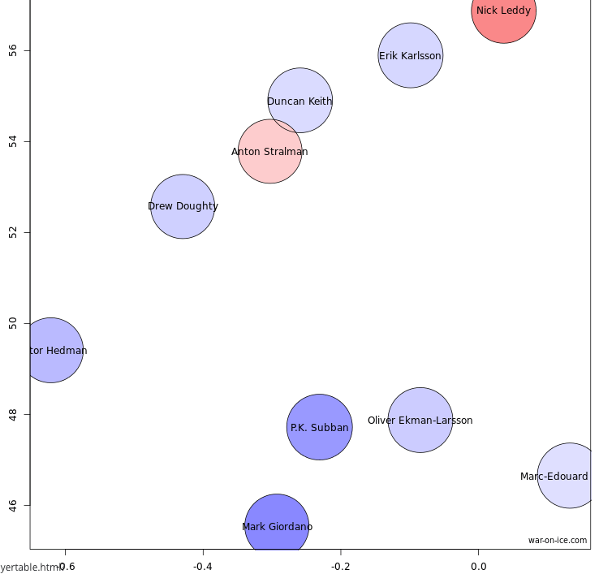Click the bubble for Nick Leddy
(x=503, y=11)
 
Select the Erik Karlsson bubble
(x=411, y=55)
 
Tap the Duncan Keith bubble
(x=300, y=101)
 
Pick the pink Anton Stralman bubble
(x=269, y=151)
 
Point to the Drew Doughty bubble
(x=183, y=206)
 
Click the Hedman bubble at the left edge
(x=51, y=350)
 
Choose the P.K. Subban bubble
(x=320, y=427)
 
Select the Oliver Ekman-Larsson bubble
(x=420, y=420)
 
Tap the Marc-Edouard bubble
(x=568, y=476)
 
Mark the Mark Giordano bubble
(x=277, y=525)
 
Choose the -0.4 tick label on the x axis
(x=202, y=566)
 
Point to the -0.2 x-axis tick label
(x=340, y=566)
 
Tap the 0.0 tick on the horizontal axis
(x=479, y=566)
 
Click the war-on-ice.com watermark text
(x=557, y=540)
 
